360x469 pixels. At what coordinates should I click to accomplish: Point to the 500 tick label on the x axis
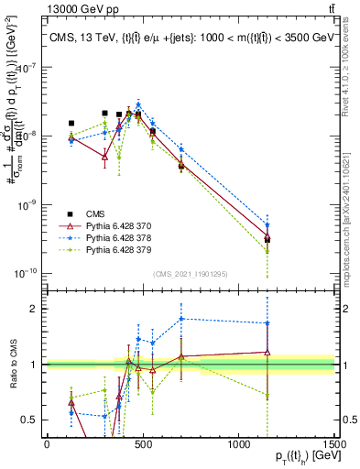(x=143, y=444)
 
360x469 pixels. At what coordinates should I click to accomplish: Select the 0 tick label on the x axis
(x=47, y=444)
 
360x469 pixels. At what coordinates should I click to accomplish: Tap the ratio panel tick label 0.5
(x=31, y=420)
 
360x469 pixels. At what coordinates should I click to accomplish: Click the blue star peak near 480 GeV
(x=137, y=104)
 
